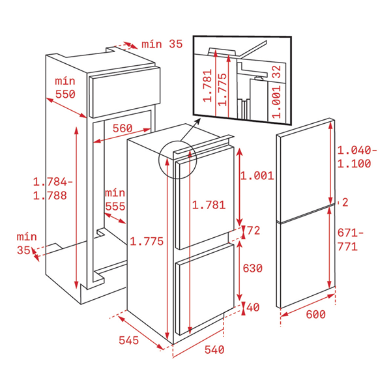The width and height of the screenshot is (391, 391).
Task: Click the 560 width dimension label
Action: pyautogui.click(x=123, y=128)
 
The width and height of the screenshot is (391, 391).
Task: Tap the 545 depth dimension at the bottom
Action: pyautogui.click(x=128, y=340)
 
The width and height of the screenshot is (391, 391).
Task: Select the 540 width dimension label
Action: pyautogui.click(x=214, y=349)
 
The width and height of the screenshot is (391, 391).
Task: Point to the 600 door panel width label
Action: pyautogui.click(x=315, y=314)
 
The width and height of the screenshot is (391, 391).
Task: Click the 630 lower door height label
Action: pyautogui.click(x=253, y=268)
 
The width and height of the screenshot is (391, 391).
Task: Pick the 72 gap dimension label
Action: pyautogui.click(x=253, y=230)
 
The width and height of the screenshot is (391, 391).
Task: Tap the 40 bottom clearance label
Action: pyautogui.click(x=253, y=307)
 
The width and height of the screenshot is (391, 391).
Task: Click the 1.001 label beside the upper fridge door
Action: pyautogui.click(x=257, y=176)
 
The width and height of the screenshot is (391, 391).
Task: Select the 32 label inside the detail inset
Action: pyautogui.click(x=276, y=72)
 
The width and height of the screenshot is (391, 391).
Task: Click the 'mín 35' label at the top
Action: pyautogui.click(x=162, y=44)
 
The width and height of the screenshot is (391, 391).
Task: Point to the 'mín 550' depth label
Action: pyautogui.click(x=65, y=87)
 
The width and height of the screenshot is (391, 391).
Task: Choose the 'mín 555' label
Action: pyautogui.click(x=115, y=200)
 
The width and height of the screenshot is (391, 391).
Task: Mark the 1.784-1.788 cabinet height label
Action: pyautogui.click(x=53, y=188)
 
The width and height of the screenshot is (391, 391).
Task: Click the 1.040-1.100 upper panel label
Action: pyautogui.click(x=357, y=157)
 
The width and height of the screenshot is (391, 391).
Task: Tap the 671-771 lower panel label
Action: pyautogui.click(x=351, y=240)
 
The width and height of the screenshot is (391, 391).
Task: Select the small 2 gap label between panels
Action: pyautogui.click(x=345, y=202)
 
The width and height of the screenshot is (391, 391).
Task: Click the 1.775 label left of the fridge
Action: pyautogui.click(x=147, y=241)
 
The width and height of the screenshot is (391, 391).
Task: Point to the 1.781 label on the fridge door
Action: pyautogui.click(x=209, y=205)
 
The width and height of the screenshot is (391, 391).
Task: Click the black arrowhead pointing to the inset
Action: pyautogui.click(x=197, y=121)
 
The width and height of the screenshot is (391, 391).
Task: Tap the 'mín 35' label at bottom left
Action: pyautogui.click(x=27, y=244)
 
